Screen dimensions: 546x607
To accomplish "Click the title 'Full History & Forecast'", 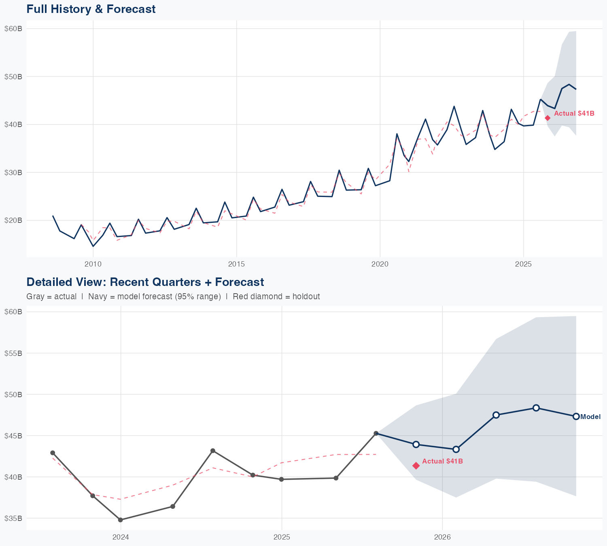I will pyautogui.click(x=91, y=9).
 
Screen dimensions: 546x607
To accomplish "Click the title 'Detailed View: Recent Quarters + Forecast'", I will pyautogui.click(x=145, y=282).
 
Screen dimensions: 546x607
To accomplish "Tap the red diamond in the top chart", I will pyautogui.click(x=548, y=118).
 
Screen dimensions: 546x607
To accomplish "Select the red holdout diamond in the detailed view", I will pyautogui.click(x=416, y=466).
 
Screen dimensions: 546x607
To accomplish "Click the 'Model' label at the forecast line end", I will pyautogui.click(x=590, y=417).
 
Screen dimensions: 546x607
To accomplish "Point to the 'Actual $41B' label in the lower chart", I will pyautogui.click(x=442, y=461).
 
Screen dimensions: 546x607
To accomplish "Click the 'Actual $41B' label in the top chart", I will pyautogui.click(x=574, y=114).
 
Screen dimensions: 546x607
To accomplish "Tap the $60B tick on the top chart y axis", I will pyautogui.click(x=13, y=28).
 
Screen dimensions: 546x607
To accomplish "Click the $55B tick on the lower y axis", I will pyautogui.click(x=13, y=353).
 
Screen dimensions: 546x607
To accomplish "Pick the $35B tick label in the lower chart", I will pyautogui.click(x=13, y=518).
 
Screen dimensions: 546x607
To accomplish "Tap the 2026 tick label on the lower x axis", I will pyautogui.click(x=442, y=537).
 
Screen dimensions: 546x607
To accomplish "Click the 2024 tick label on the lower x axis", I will pyautogui.click(x=121, y=537).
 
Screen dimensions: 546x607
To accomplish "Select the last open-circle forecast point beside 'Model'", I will pyautogui.click(x=576, y=417).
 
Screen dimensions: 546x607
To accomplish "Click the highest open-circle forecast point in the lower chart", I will pyautogui.click(x=536, y=408).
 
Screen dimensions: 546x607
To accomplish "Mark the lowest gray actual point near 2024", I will pyautogui.click(x=121, y=520).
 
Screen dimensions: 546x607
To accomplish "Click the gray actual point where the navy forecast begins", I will pyautogui.click(x=376, y=433).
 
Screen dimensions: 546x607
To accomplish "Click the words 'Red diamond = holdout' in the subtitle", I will pyautogui.click(x=276, y=296).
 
